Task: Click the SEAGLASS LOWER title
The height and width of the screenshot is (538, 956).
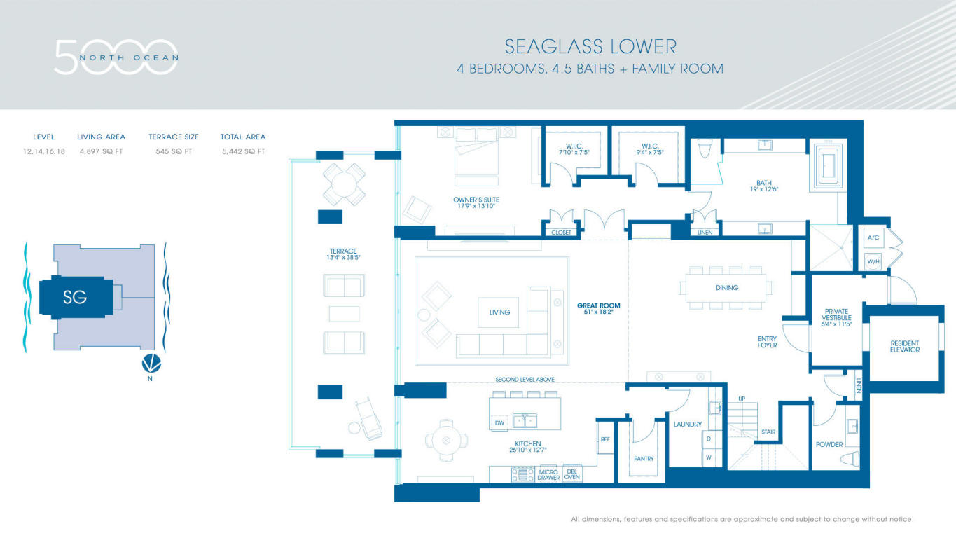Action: click(x=590, y=47)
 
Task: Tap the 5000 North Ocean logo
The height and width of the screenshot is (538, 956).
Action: click(x=116, y=57)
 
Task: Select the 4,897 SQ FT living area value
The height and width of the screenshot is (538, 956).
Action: click(x=101, y=151)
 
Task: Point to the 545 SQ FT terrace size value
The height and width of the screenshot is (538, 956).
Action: click(x=174, y=151)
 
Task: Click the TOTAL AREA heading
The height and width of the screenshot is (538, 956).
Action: click(x=243, y=137)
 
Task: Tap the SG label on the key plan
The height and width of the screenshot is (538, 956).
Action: click(x=75, y=297)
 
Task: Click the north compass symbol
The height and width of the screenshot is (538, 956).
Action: click(x=151, y=363)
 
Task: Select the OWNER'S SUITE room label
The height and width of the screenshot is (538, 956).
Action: click(x=476, y=200)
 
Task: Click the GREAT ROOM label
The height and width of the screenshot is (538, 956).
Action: click(x=598, y=305)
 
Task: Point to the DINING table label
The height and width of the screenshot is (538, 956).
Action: click(x=727, y=288)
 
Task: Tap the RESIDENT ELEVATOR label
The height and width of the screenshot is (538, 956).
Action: click(x=905, y=346)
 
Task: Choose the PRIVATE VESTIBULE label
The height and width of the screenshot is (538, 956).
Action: click(x=836, y=315)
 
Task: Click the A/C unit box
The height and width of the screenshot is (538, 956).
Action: click(x=873, y=237)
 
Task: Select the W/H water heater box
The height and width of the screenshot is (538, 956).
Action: click(x=873, y=261)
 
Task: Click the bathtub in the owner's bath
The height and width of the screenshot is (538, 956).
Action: click(x=828, y=166)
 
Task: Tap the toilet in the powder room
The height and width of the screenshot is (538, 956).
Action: click(x=850, y=459)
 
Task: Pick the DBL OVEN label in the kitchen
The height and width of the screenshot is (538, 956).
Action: click(x=572, y=474)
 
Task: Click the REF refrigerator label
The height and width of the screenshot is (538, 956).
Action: click(x=605, y=439)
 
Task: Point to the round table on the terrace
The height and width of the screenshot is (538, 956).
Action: click(x=344, y=184)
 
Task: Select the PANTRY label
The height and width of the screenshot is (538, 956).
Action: click(x=644, y=459)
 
